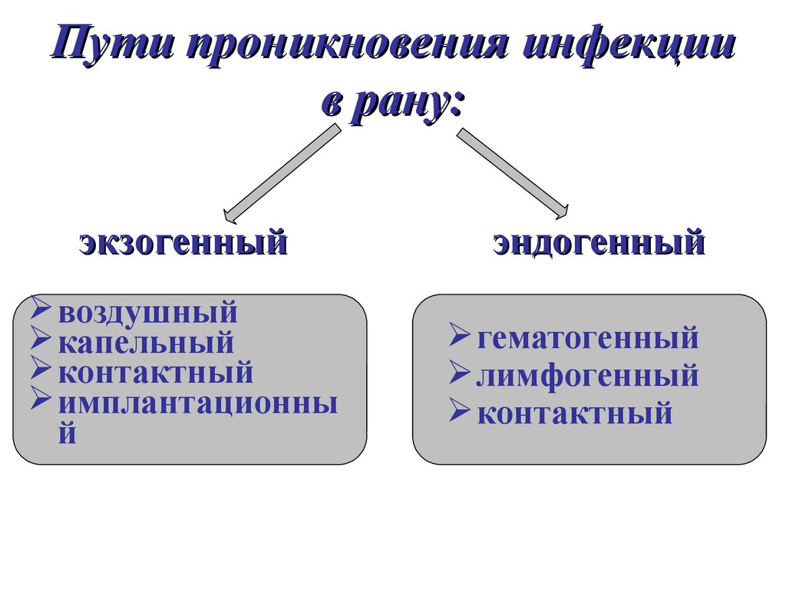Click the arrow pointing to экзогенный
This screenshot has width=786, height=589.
pyautogui.click(x=281, y=173)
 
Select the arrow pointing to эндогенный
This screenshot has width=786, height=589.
pyautogui.click(x=513, y=173)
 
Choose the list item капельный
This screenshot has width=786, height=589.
pyautogui.click(x=145, y=343)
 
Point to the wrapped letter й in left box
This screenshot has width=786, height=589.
pyautogui.click(x=68, y=434)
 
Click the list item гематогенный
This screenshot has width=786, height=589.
pyautogui.click(x=587, y=337)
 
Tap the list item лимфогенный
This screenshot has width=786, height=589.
pyautogui.click(x=587, y=376)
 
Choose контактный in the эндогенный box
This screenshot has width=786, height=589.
pyautogui.click(x=574, y=414)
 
